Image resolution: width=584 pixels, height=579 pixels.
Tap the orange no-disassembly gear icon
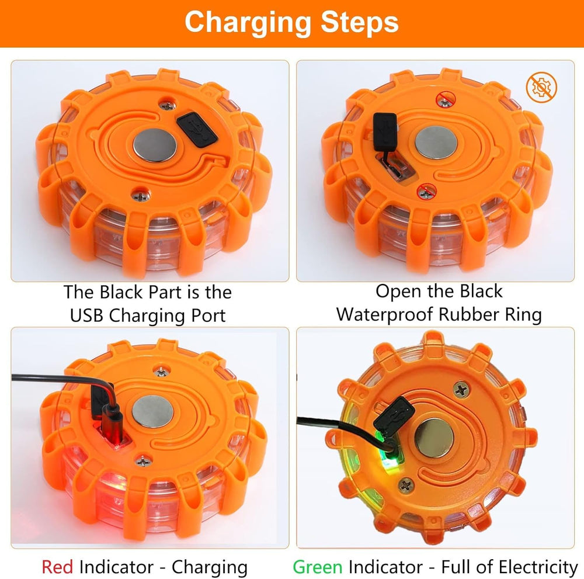click(541, 88)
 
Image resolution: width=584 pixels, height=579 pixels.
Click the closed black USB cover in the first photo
click(197, 128)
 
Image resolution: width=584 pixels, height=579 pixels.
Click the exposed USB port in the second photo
click(395, 170)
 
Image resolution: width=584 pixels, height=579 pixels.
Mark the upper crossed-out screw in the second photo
click(445, 100)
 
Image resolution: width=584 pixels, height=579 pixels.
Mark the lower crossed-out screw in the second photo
click(426, 192)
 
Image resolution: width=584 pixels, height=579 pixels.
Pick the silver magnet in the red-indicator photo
click(152, 411)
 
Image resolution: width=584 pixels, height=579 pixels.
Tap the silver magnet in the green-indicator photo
click(434, 437)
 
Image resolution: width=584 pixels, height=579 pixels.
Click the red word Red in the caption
click(57, 567)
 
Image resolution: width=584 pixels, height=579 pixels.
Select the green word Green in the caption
click(318, 567)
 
